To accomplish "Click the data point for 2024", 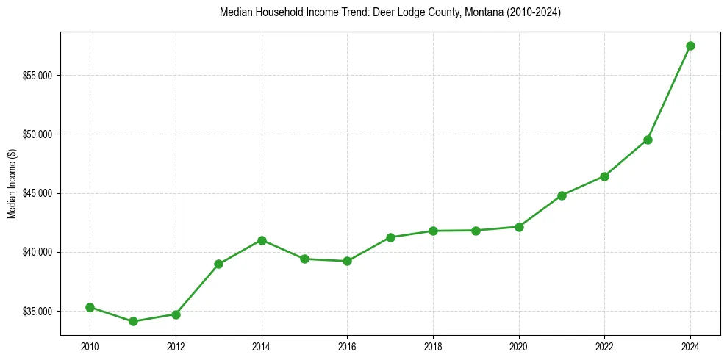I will tap(690, 46).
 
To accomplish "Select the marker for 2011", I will tap(133, 321).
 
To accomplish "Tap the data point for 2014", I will tap(262, 240).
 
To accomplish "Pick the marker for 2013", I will tap(218, 264).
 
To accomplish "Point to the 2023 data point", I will tap(648, 140).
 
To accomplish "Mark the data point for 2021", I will tap(562, 195).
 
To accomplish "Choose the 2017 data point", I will tap(390, 237).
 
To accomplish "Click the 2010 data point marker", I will tap(90, 307).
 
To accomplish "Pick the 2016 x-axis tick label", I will tap(348, 345).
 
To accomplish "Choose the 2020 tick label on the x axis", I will tap(519, 345).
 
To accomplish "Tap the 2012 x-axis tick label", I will tap(176, 345).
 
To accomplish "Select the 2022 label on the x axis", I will tap(604, 345).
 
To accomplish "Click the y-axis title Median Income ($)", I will tap(12, 184).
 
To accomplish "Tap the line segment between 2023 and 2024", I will tap(669, 93).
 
